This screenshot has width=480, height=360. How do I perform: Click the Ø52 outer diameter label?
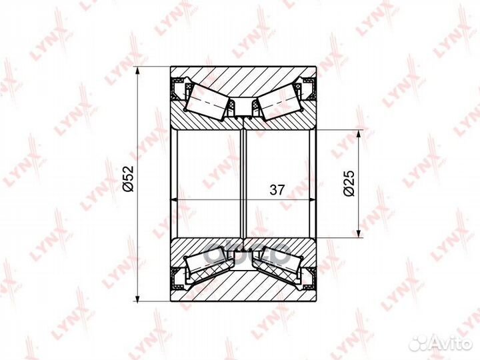(x=129, y=179)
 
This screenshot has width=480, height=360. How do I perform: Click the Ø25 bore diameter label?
(x=349, y=183)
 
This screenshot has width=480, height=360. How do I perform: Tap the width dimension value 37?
(x=277, y=190)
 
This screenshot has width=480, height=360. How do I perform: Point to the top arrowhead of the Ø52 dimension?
(x=137, y=71)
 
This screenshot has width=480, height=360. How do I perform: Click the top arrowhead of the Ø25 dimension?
(x=358, y=135)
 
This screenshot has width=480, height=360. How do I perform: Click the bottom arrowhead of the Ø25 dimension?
(x=358, y=233)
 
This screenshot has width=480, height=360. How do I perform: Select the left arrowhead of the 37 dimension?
(x=175, y=199)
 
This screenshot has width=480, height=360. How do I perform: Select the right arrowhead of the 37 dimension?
(x=311, y=199)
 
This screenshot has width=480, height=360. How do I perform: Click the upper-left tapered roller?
(x=207, y=101)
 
